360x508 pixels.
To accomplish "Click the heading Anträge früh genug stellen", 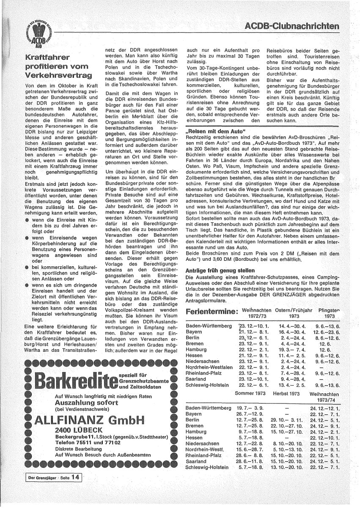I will pos(220,270).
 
